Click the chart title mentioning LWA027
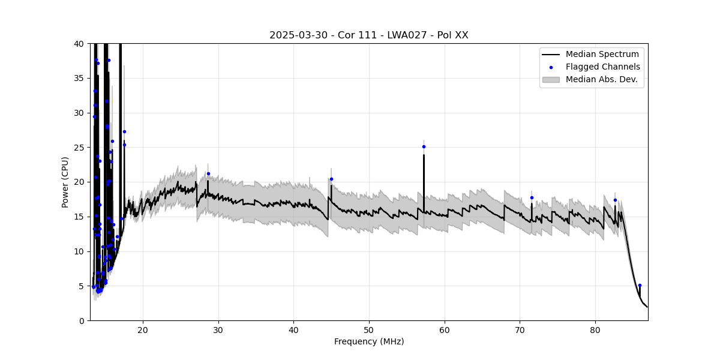[x=368, y=35]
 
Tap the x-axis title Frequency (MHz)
[x=368, y=341]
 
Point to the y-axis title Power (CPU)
[x=65, y=182]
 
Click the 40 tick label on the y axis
[x=79, y=44]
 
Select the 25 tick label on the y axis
[x=79, y=148]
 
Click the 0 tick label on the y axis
[x=81, y=320]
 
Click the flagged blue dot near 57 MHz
[x=424, y=146]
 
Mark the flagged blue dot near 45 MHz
[x=331, y=179]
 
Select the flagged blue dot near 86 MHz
[x=640, y=285]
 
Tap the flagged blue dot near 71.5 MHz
[x=532, y=197]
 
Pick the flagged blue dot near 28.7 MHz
[x=208, y=173]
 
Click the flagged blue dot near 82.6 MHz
[x=615, y=200]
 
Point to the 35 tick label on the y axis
[x=79, y=79]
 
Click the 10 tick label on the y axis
[x=79, y=251]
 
